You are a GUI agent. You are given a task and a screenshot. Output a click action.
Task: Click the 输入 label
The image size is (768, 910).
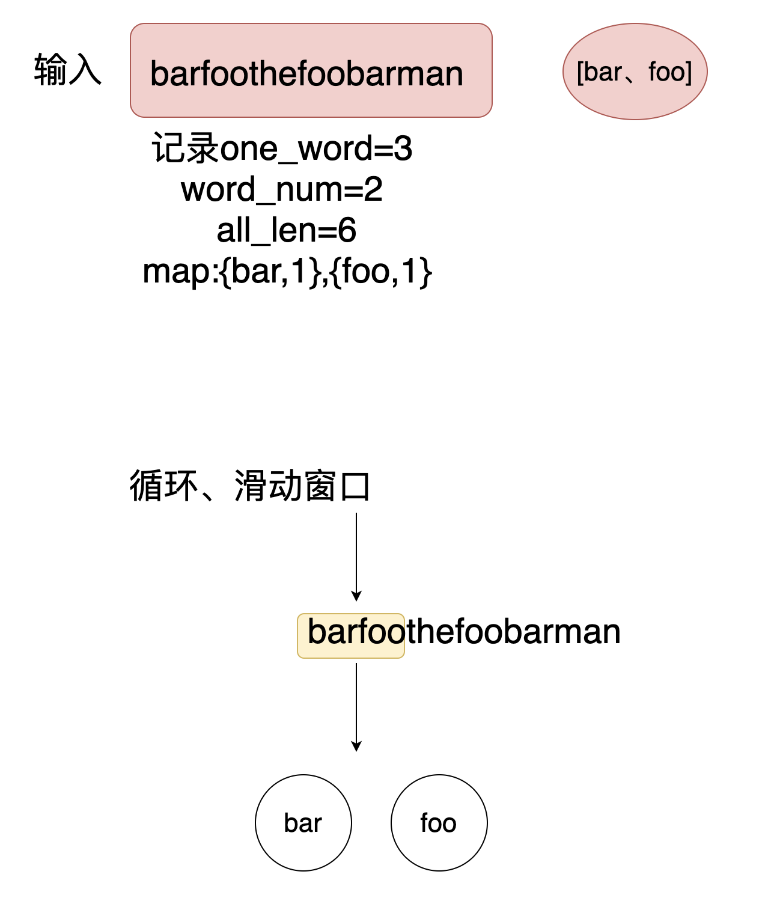pos(67,70)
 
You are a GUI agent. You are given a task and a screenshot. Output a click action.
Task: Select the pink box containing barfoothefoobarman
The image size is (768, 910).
pos(311,70)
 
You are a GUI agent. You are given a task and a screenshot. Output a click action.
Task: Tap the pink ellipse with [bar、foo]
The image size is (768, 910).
pos(635,72)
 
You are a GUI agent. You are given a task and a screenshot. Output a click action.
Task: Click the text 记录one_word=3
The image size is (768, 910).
pos(282,148)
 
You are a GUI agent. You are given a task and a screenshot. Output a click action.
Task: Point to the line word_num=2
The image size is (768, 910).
pos(282,189)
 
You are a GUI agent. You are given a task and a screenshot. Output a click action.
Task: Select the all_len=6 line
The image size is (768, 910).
pos(286,230)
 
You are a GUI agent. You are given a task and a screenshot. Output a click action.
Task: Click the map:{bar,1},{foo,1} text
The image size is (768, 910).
pos(287,271)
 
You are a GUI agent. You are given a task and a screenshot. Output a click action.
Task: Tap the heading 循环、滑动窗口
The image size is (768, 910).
pos(249,486)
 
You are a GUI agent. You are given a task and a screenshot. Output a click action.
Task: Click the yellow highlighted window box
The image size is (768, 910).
pos(351,635)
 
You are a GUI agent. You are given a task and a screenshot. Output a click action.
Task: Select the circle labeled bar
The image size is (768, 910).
pos(303,822)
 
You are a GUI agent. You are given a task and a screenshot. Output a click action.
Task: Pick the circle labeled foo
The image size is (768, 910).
pos(439,822)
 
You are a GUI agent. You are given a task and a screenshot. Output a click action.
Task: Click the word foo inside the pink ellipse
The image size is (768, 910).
pos(667,72)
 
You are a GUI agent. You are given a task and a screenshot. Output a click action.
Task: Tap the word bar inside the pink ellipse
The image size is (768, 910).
pos(602,72)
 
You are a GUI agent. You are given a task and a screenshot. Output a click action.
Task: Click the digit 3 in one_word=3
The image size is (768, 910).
pos(403,148)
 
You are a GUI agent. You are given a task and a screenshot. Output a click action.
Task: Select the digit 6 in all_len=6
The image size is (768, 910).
pos(347,230)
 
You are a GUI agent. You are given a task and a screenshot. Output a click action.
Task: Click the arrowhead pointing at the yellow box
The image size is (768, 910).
pos(356,596)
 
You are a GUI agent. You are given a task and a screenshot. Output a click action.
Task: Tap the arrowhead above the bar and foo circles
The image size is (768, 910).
pos(356,746)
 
